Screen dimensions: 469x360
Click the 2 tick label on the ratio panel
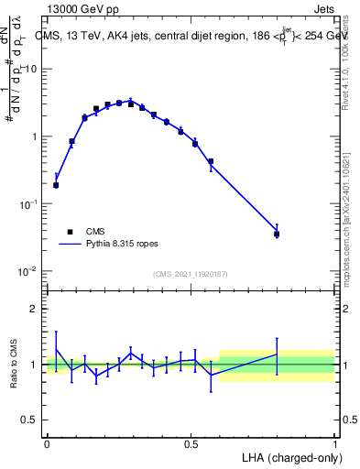pos(35,309)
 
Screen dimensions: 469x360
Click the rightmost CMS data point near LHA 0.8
pos(277,234)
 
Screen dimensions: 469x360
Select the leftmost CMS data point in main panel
pos(56,185)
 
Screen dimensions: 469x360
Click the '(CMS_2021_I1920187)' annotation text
pos(190,274)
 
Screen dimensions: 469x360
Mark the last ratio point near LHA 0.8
pos(277,354)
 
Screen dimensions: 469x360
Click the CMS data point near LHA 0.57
pos(211,161)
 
